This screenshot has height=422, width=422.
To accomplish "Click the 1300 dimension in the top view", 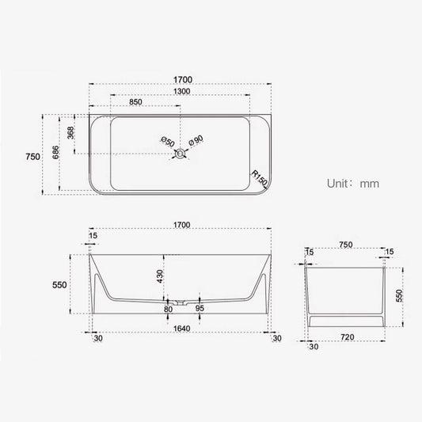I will pyautogui.click(x=181, y=92).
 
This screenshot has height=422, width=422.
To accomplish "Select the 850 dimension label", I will pyautogui.click(x=135, y=102).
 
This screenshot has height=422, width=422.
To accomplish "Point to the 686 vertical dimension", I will pyautogui.click(x=56, y=152).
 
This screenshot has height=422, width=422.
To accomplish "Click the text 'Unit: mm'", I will pyautogui.click(x=353, y=183).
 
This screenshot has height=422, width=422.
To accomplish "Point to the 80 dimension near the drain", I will pyautogui.click(x=168, y=309).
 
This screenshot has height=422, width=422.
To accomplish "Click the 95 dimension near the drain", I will pyautogui.click(x=200, y=309).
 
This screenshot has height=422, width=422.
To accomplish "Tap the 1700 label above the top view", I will pyautogui.click(x=181, y=80).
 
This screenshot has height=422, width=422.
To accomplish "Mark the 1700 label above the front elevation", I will pyautogui.click(x=181, y=226).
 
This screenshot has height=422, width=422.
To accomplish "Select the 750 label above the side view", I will pyautogui.click(x=345, y=245).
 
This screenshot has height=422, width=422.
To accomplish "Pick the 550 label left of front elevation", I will pyautogui.click(x=59, y=284).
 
